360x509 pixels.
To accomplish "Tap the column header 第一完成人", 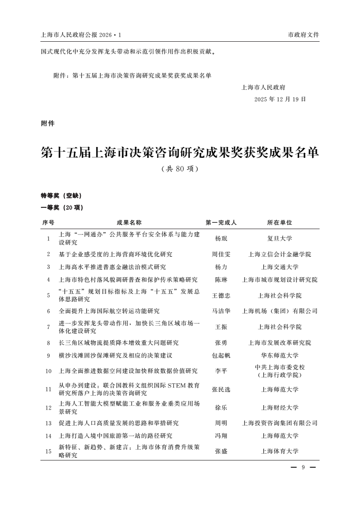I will click(x=221, y=223).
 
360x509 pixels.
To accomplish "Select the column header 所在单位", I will click(x=280, y=223).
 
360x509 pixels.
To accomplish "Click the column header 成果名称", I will click(x=129, y=223).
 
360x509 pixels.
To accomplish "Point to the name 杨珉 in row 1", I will click(x=221, y=239).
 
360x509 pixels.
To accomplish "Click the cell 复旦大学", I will click(x=280, y=239).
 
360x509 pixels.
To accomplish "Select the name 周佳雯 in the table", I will click(x=221, y=254).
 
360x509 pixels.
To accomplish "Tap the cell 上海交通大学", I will click(x=280, y=267).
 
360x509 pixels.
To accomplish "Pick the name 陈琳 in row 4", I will click(x=221, y=280).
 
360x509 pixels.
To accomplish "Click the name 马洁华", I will click(x=221, y=311).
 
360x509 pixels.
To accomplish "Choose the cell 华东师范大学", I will click(x=280, y=356).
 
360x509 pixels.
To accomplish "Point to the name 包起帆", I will click(x=221, y=356).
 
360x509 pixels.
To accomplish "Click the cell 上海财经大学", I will click(x=280, y=407).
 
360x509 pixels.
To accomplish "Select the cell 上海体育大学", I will click(x=280, y=451).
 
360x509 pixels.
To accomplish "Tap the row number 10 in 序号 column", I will click(x=48, y=371).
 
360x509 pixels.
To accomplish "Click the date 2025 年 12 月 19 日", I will click(x=280, y=99).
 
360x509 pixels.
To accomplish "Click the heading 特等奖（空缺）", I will click(x=61, y=196).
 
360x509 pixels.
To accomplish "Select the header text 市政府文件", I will click(x=303, y=34).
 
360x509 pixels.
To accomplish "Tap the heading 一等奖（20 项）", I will click(x=62, y=208).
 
